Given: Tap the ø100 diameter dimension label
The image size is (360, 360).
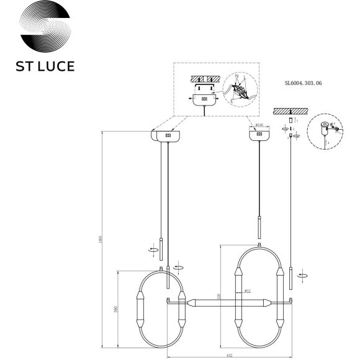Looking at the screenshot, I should click(259, 125).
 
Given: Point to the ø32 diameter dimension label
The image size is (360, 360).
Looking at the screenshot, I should click(246, 290).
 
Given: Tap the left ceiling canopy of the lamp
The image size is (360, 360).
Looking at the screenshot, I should click(166, 135).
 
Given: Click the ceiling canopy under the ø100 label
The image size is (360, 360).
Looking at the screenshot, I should click(259, 135).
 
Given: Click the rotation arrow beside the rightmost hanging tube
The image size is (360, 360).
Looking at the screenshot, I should click(302, 274).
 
